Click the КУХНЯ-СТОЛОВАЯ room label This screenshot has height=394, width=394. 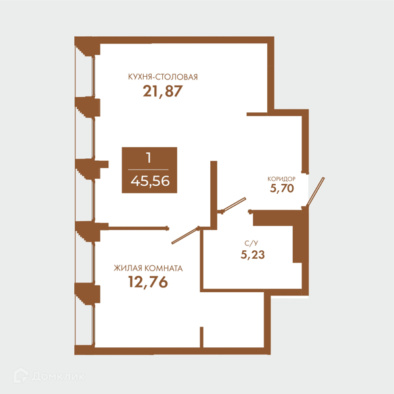click(163, 77)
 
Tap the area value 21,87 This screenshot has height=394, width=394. click(163, 91)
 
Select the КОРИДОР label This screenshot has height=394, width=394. click(282, 179)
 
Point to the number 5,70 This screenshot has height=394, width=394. click(282, 188)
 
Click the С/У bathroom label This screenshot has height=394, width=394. click(252, 243)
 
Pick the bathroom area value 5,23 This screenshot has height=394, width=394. click(253, 255)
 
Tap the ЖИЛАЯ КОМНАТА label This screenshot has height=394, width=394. click(148, 269)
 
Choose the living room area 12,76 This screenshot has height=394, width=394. click(148, 282)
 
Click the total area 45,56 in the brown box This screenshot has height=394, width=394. click(150, 181)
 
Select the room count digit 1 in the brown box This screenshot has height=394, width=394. click(149, 158)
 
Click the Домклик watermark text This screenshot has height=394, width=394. click(58, 377)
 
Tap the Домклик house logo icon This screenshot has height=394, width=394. click(21, 376)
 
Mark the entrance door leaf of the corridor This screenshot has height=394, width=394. click(315, 192)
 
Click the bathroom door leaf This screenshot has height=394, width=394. click(234, 204)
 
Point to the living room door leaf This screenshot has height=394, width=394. click(185, 236)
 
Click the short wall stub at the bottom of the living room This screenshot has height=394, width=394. click(202, 338)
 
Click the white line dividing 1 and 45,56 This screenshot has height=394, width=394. click(148, 170)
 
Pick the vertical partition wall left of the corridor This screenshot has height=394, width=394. click(213, 195)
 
